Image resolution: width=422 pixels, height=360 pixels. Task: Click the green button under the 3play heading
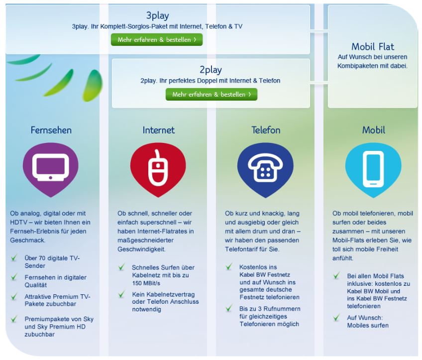tap(157, 39)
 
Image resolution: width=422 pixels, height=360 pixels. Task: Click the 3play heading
tap(157, 15)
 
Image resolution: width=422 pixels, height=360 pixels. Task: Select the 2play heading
tap(211, 70)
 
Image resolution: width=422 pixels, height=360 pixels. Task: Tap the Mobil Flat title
tap(373, 47)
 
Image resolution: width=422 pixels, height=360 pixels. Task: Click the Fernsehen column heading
tap(51, 130)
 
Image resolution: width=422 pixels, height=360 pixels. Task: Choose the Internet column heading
tap(159, 130)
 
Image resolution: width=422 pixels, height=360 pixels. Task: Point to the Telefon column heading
tap(266, 130)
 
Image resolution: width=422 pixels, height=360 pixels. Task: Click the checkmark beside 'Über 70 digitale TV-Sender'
tap(14, 258)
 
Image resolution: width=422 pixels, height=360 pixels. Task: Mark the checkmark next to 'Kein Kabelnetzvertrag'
tap(121, 294)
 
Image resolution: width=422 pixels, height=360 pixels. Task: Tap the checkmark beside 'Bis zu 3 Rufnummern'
tap(229, 308)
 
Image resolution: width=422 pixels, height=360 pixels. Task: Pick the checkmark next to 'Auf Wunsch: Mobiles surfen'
tap(336, 318)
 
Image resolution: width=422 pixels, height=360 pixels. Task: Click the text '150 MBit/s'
tap(146, 283)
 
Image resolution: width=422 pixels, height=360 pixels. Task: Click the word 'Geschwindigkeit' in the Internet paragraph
tap(141, 249)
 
